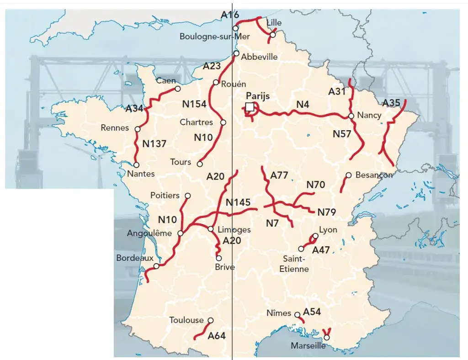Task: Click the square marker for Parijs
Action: (250, 107)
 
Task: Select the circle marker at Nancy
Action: (351, 116)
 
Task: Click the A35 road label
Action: (392, 102)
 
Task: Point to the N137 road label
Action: (154, 143)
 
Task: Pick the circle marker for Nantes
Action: (136, 164)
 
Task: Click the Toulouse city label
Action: (186, 320)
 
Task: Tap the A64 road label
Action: (217, 336)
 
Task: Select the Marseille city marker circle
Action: (327, 338)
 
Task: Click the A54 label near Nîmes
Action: (312, 312)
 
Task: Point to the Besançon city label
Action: (373, 175)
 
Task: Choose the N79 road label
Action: (327, 212)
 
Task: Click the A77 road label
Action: (279, 175)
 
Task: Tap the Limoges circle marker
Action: (211, 229)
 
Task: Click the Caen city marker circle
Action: (178, 89)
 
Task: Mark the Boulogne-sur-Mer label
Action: (209, 37)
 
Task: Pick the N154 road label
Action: (194, 104)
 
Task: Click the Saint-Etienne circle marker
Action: (301, 249)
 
